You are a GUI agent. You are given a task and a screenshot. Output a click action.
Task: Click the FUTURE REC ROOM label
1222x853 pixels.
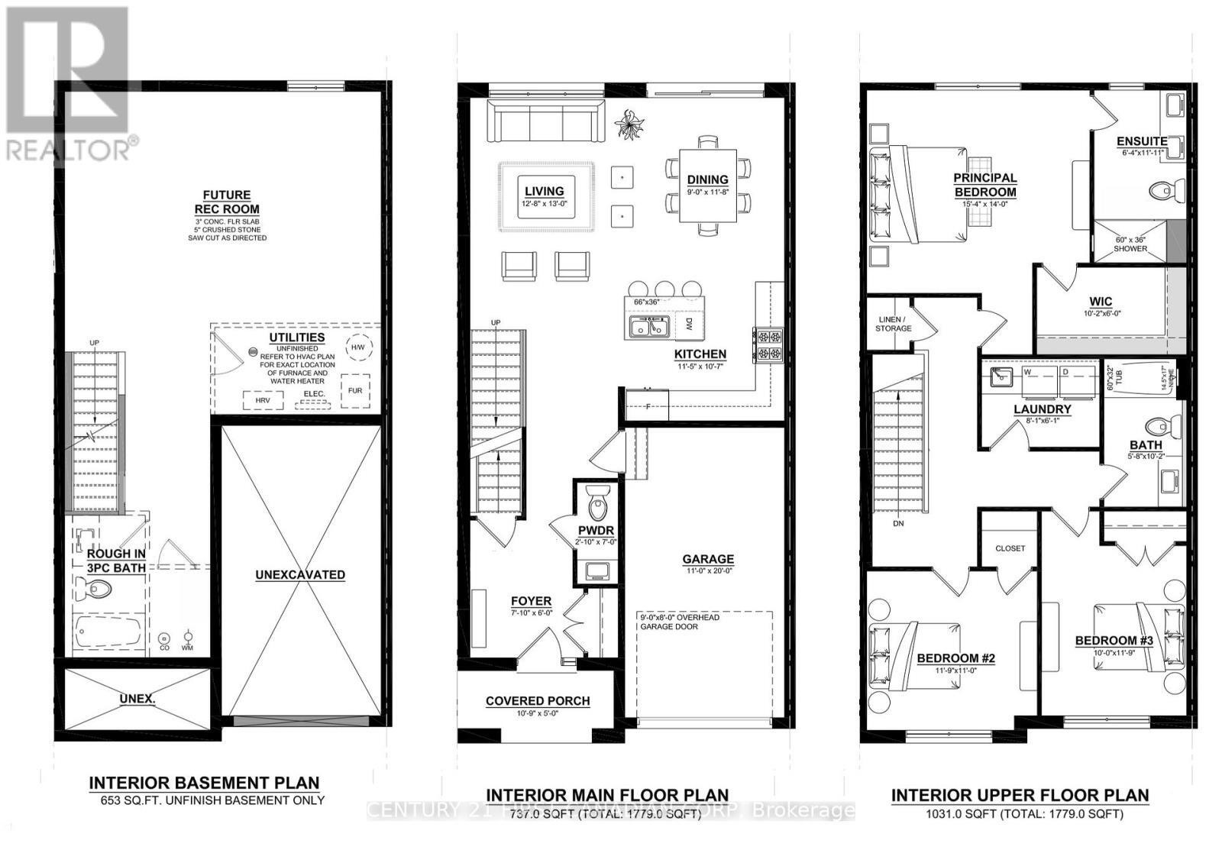[x=227, y=202]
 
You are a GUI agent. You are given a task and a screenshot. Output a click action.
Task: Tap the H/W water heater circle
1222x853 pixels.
[x=357, y=347]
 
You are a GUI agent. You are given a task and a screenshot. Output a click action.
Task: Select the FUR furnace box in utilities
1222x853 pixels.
[x=355, y=389]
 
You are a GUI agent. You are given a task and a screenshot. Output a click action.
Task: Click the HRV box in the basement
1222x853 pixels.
[x=263, y=400]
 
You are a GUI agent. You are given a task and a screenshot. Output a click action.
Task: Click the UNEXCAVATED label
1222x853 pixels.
[x=300, y=575]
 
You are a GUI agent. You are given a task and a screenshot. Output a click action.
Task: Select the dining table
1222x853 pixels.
[x=708, y=185]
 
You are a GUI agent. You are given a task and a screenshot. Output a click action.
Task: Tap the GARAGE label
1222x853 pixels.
[x=708, y=559]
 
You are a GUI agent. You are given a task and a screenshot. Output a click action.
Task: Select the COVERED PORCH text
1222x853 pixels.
[x=538, y=701]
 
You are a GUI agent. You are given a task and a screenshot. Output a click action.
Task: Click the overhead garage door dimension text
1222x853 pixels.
[x=680, y=622]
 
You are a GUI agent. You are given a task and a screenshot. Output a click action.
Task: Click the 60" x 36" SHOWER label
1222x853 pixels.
[x=1130, y=244]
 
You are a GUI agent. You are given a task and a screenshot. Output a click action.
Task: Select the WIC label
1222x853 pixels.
[x=1101, y=302]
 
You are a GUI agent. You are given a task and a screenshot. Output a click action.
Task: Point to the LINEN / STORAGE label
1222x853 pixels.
[x=893, y=324]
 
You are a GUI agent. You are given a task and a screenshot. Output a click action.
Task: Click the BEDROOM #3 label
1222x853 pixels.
[x=1114, y=641]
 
